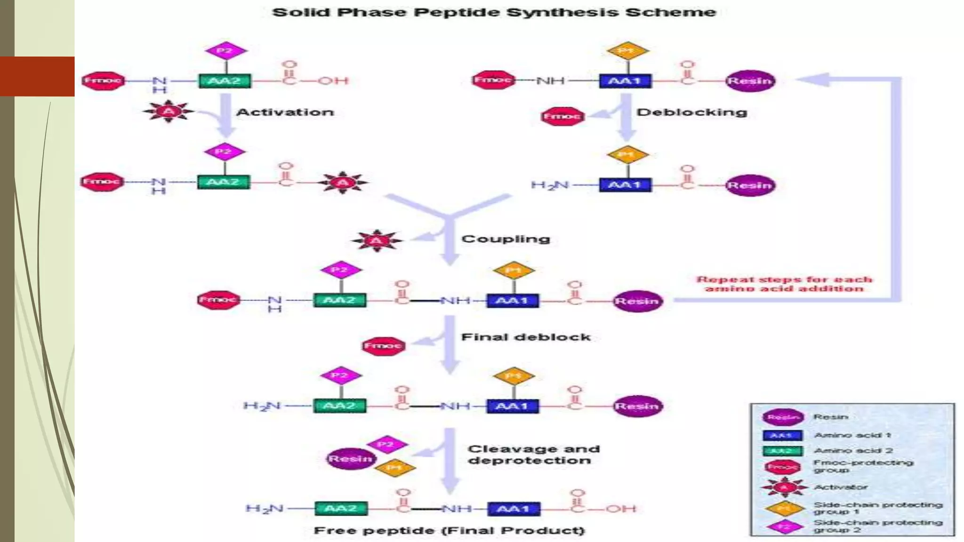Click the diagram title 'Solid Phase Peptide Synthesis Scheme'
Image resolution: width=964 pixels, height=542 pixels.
[494, 12]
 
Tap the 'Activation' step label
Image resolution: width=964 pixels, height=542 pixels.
[285, 112]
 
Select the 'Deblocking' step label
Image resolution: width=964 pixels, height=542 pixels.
[691, 112]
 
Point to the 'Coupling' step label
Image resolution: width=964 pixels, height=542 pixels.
[506, 239]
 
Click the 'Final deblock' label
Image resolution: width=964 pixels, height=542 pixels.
[526, 337]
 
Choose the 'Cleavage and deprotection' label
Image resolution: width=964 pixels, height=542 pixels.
[533, 454]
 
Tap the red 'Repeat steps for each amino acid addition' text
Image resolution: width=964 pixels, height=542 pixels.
[784, 284]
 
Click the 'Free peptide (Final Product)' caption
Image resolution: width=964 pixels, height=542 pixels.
[449, 531]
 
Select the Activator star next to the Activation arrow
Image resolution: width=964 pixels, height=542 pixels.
[169, 112]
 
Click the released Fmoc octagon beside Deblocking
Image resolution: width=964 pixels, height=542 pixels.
[562, 116]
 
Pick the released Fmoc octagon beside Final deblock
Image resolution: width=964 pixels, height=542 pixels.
[383, 346]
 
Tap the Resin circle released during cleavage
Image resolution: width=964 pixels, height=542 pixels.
[350, 459]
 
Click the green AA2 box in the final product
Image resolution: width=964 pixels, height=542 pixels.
[341, 509]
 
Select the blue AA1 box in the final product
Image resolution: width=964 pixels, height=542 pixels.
[514, 509]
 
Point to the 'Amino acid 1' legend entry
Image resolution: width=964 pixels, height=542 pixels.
[852, 435]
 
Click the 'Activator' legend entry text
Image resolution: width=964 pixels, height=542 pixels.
[841, 487]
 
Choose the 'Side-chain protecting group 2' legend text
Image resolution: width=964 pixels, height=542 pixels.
[877, 526]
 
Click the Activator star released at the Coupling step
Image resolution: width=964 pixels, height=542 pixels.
[377, 241]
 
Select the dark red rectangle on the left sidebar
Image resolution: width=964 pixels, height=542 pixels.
[37, 76]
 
